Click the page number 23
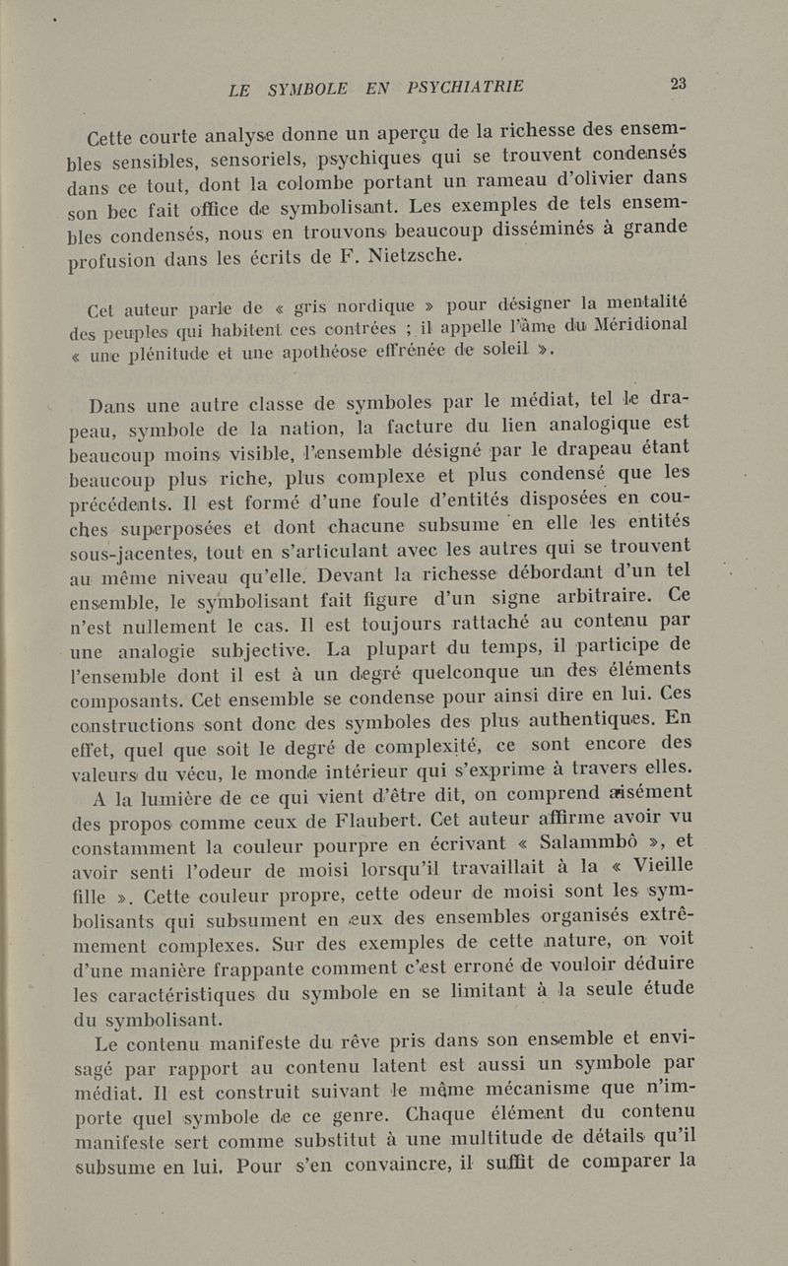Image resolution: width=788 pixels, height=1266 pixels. pos(677,85)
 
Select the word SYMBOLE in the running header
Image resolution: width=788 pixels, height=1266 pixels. pos(308,89)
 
